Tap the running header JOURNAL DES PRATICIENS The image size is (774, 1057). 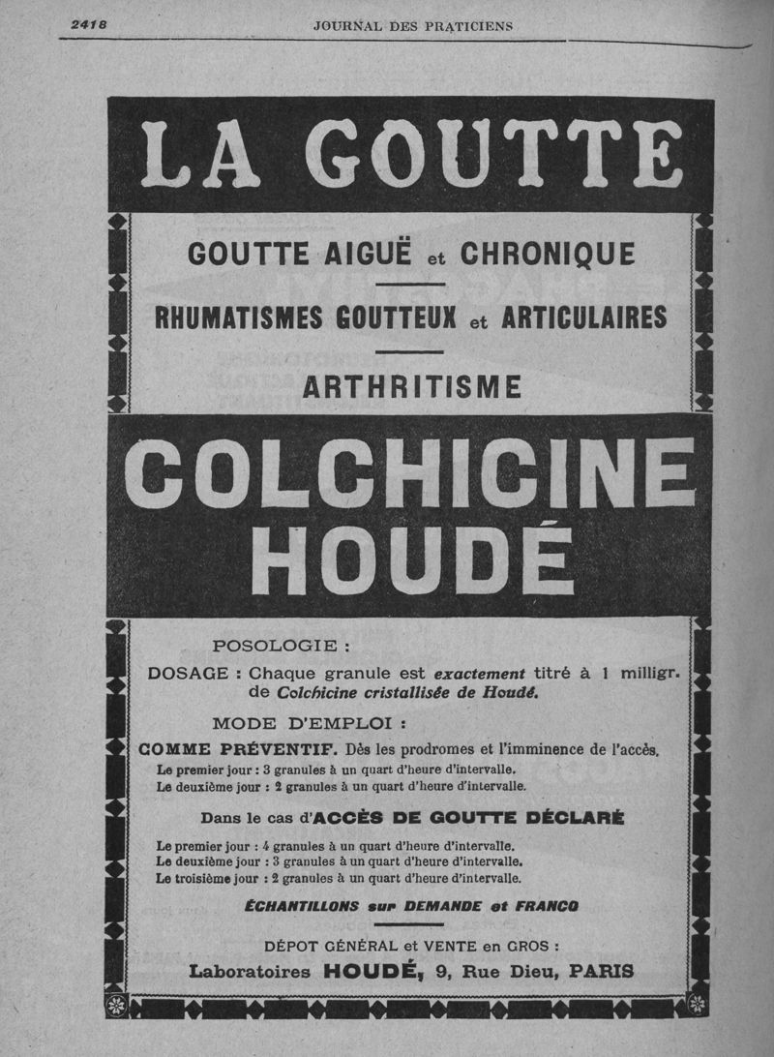[413, 26]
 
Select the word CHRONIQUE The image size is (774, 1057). [548, 255]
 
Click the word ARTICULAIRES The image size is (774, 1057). [584, 317]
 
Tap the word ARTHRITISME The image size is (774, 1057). [412, 387]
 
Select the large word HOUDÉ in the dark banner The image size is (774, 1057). [412, 561]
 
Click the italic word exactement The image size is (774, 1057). [479, 674]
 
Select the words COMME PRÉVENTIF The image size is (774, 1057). [237, 748]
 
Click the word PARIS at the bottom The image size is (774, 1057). [602, 971]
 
